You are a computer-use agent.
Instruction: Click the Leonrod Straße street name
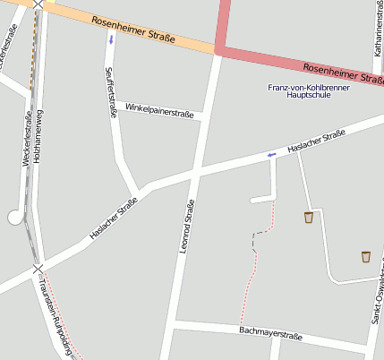[x=187, y=227]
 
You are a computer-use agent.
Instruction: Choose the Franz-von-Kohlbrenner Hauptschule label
[x=309, y=90]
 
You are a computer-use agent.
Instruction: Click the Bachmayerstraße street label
[x=271, y=333]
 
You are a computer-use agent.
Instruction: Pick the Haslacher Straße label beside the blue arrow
[x=316, y=141]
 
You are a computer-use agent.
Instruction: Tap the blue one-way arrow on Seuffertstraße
[x=111, y=39]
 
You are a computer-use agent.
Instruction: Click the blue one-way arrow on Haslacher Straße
[x=271, y=155]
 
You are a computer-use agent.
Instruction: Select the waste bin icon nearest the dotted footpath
[x=309, y=217]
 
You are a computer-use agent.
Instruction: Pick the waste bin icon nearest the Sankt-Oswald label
[x=365, y=257]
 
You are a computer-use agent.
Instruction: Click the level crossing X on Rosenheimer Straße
[x=38, y=4]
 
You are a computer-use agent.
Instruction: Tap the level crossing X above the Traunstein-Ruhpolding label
[x=38, y=268]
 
